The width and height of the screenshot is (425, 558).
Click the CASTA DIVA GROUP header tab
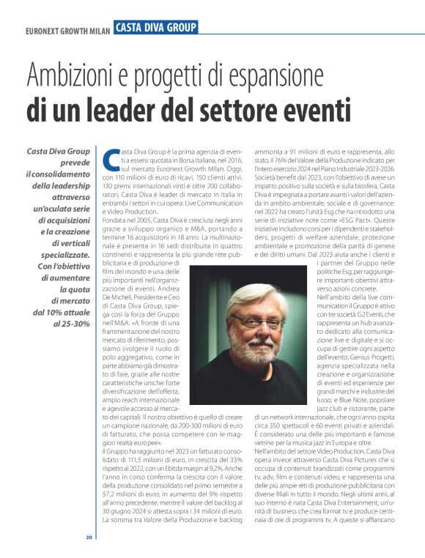coord(155,27)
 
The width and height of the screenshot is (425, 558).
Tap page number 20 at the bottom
coord(89,537)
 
